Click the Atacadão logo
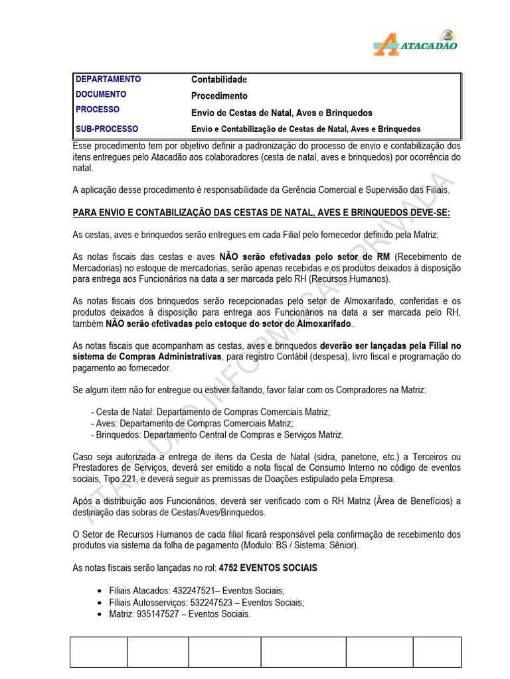(415, 41)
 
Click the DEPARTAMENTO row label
(108, 80)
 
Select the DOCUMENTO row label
(101, 95)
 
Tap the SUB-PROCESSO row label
(107, 129)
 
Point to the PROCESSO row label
(98, 109)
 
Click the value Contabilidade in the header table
(219, 80)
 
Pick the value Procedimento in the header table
(219, 95)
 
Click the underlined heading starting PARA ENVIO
(261, 212)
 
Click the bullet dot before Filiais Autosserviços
(99, 603)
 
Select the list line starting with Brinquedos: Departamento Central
(217, 435)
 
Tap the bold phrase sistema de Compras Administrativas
(147, 357)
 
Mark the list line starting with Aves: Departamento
(192, 423)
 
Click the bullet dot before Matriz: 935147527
(99, 614)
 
